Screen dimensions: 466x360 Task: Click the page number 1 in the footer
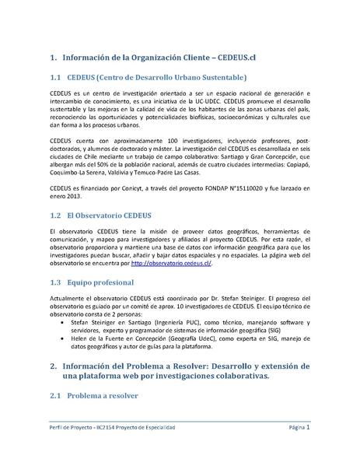(x=308, y=427)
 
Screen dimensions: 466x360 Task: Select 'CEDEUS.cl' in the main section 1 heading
(x=234, y=58)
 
